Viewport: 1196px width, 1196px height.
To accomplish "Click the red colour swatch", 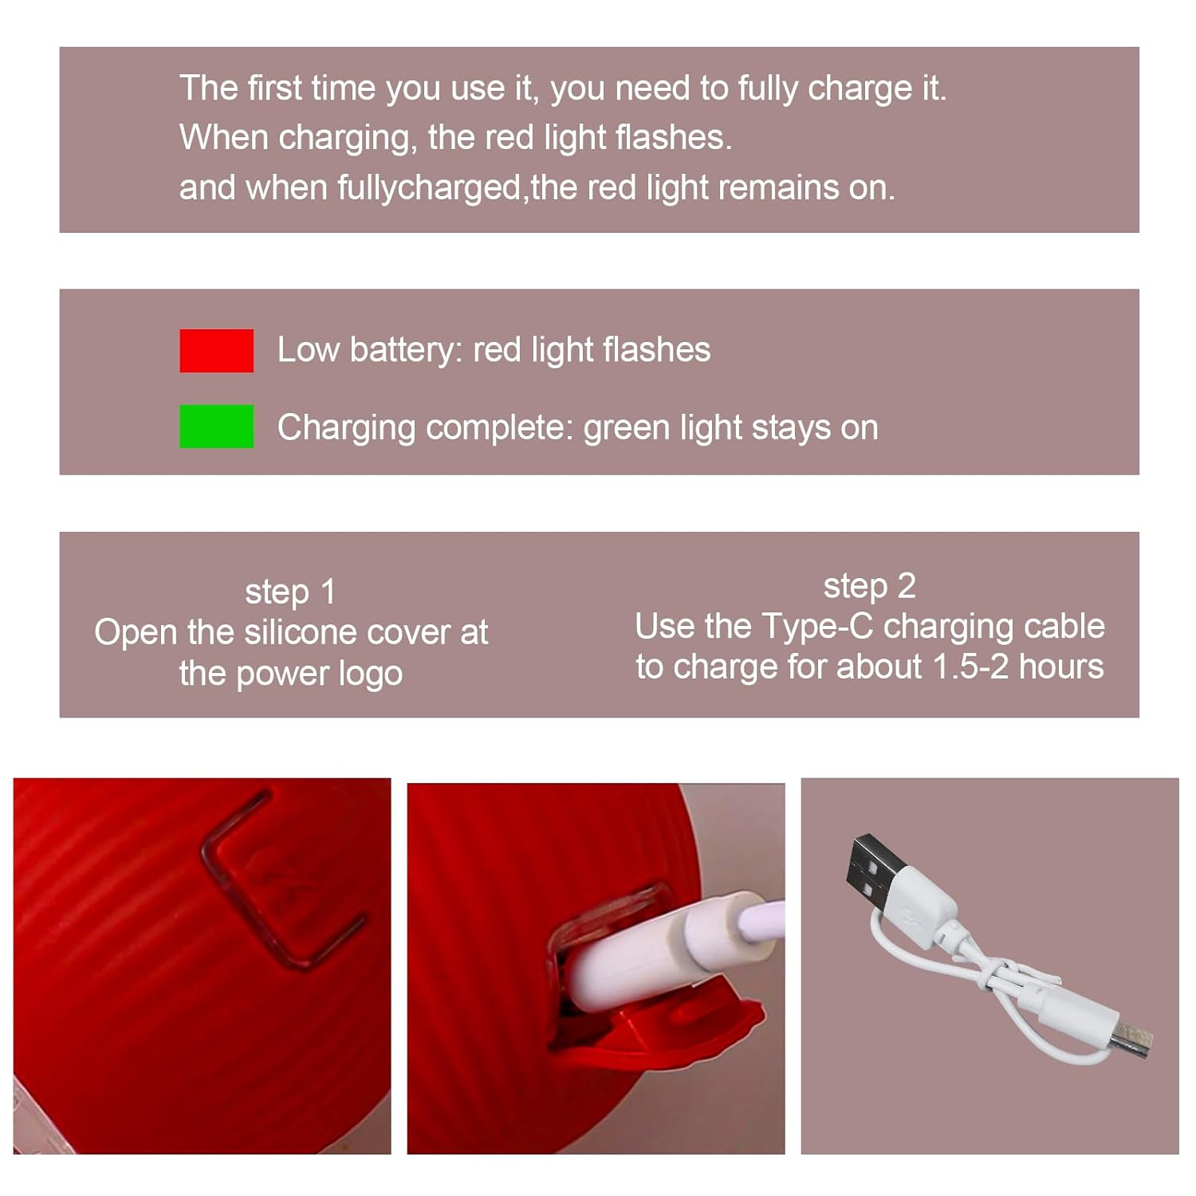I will coord(216,351).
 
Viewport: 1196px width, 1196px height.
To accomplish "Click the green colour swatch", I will coord(216,427).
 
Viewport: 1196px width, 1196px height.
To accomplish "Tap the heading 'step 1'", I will coord(290,592).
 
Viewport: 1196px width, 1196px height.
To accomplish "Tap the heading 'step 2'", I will coord(869,586).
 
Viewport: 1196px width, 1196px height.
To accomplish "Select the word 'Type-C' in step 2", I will coord(817,627).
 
